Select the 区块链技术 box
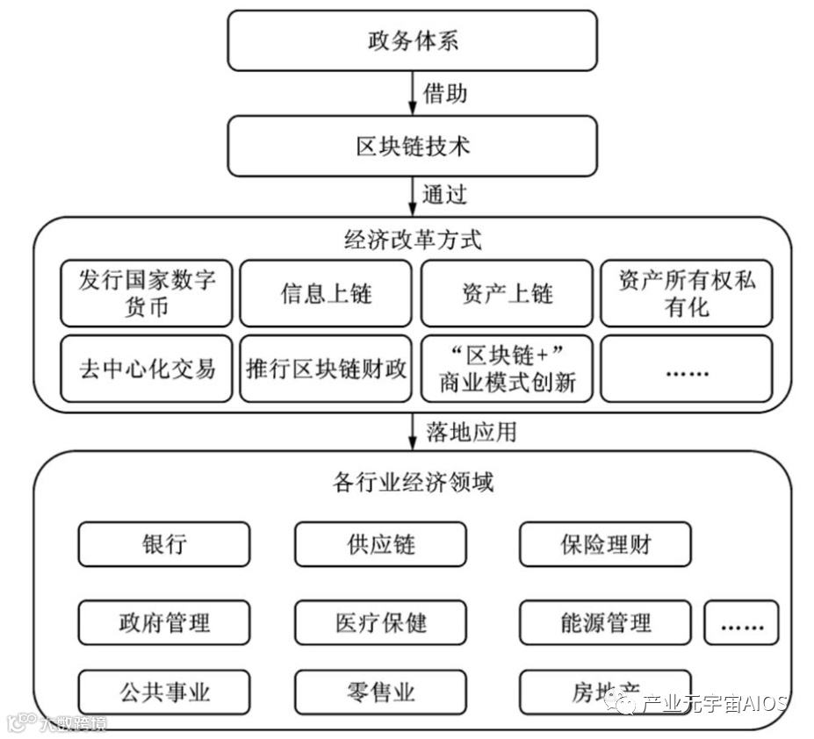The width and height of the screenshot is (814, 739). click(412, 146)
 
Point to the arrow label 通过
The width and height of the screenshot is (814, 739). click(444, 194)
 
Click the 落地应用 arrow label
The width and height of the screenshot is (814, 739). click(471, 431)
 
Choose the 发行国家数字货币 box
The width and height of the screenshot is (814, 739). click(147, 293)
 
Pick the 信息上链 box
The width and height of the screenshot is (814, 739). click(326, 293)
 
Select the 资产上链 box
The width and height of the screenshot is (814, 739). click(507, 293)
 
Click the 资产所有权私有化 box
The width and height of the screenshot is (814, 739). click(687, 293)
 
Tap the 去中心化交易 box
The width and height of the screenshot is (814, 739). click(147, 369)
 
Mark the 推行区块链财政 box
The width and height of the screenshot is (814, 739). click(326, 369)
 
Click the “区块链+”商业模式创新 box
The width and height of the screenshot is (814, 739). click(507, 369)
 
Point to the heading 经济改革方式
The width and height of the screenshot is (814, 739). click(412, 239)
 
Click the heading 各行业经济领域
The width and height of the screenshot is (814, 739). click(412, 482)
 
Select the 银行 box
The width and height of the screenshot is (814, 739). click(164, 544)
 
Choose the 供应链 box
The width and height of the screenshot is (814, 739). click(380, 544)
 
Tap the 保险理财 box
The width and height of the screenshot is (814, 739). click(605, 544)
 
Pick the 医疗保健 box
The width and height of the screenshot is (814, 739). click(380, 623)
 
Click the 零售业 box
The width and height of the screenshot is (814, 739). click(380, 692)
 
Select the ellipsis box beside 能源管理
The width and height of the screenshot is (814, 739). click(741, 623)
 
